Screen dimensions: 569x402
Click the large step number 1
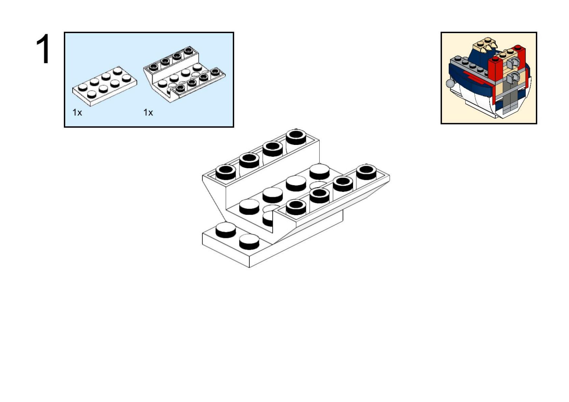point(43,49)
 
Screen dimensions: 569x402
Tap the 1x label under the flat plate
point(77,112)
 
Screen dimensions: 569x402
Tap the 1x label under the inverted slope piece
point(148,112)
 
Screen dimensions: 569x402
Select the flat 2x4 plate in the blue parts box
point(104,86)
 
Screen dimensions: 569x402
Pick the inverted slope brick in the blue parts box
point(184,75)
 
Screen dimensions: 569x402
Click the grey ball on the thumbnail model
point(450,83)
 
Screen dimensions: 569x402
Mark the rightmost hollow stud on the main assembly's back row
point(296,137)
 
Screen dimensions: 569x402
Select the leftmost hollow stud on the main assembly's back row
point(226,172)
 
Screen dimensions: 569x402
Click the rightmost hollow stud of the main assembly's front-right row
point(366,172)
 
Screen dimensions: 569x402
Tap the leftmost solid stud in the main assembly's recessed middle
point(249,207)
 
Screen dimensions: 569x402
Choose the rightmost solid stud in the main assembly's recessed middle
point(319,171)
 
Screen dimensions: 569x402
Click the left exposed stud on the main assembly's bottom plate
point(226,230)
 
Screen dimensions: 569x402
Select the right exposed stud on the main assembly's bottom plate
point(249,242)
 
